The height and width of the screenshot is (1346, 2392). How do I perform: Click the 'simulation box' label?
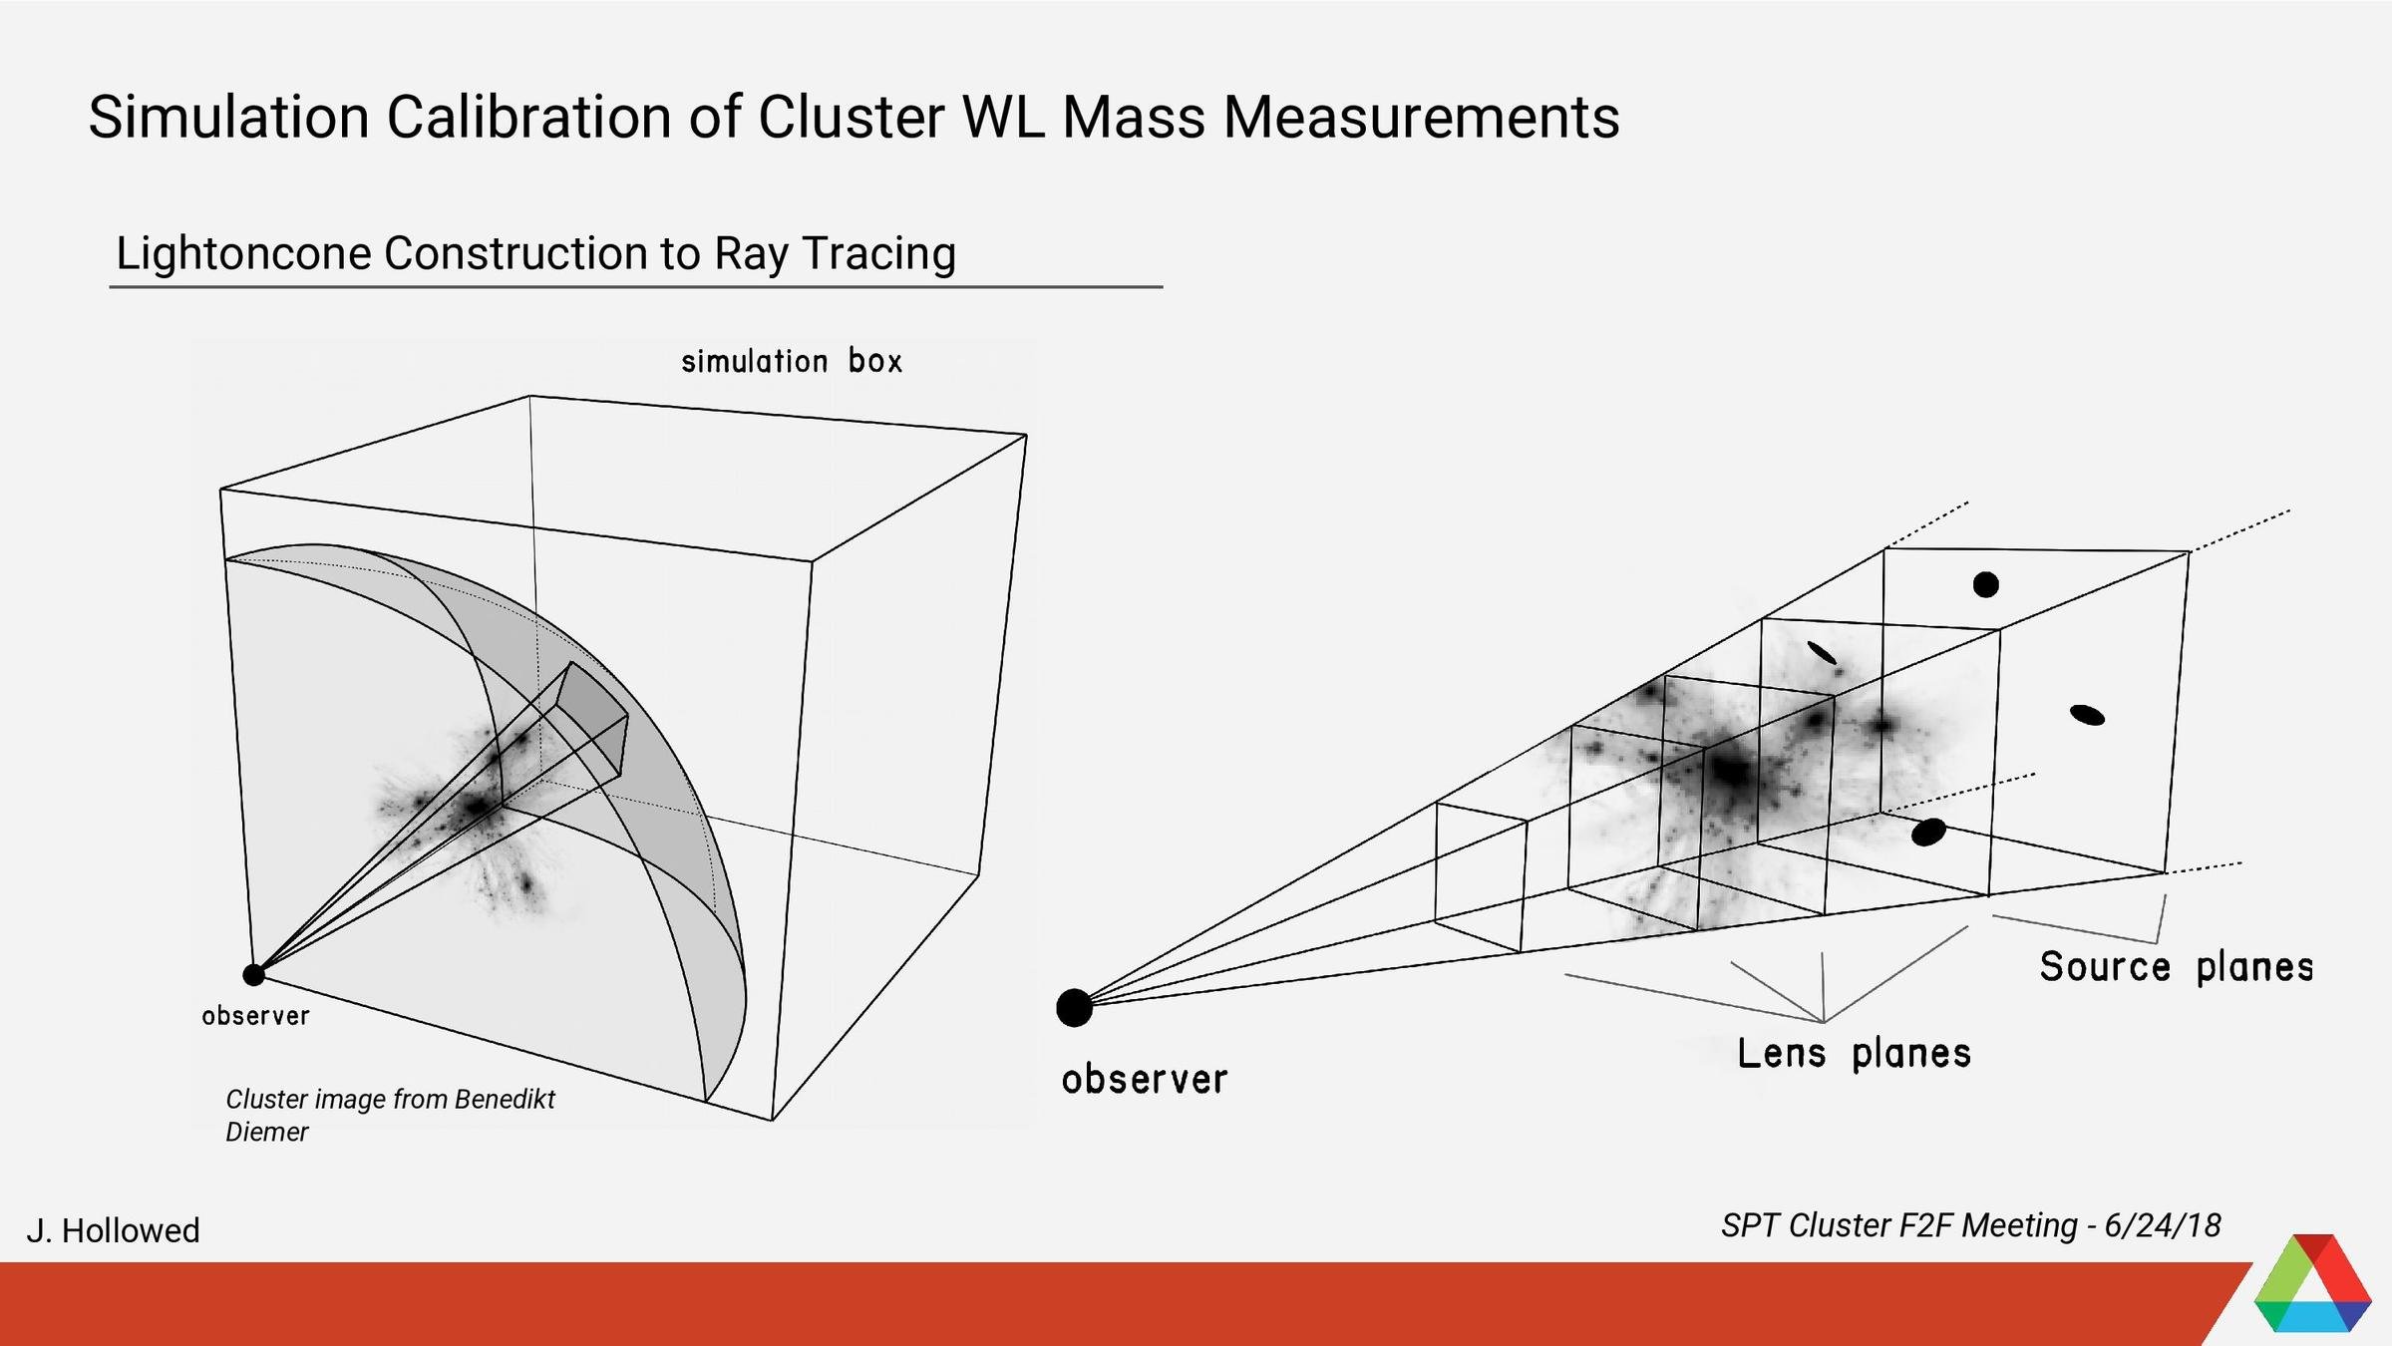pos(792,361)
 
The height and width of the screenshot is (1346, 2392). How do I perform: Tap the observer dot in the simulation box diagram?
pos(253,974)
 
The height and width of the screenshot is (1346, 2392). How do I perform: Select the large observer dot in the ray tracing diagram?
pos(1074,1008)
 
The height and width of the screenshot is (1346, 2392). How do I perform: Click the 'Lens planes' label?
pos(1854,1054)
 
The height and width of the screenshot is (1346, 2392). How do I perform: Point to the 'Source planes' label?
pos(2176,967)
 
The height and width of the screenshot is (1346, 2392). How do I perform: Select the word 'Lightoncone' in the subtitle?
pos(241,253)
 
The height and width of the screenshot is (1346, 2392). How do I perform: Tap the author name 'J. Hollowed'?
pos(113,1230)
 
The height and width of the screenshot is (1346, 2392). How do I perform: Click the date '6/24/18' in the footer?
pos(2162,1225)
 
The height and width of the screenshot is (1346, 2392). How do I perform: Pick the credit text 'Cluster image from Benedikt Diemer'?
pos(390,1115)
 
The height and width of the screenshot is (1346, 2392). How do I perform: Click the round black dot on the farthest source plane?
pos(1985,585)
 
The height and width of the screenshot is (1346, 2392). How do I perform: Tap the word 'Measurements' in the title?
pos(1421,117)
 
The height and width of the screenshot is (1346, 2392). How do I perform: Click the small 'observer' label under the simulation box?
pos(255,1016)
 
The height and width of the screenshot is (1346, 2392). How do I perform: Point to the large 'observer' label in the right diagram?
pos(1144,1080)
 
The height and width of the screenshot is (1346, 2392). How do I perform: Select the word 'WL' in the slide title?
pos(1001,117)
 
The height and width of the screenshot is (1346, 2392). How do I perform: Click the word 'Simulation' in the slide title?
pos(229,117)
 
